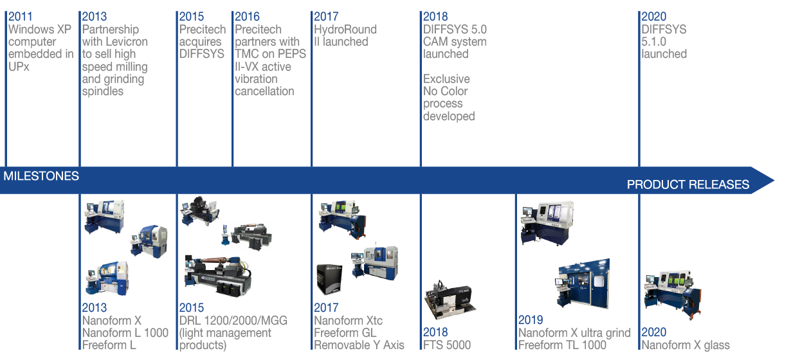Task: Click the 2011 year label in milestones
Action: pos(20,17)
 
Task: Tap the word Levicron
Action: pos(127,42)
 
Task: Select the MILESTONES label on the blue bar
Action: pos(41,176)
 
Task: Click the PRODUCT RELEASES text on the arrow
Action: pos(687,184)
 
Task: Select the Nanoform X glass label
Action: pos(685,345)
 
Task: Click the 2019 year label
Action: pos(531,320)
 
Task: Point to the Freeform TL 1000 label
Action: pos(562,345)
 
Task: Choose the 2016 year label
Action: pos(247,17)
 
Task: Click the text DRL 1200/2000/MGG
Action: pos(233,320)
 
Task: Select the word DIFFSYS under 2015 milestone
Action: pos(201,54)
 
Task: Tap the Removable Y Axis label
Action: pos(359,345)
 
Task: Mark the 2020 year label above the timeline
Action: pos(653,17)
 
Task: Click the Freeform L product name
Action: pos(109,345)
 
